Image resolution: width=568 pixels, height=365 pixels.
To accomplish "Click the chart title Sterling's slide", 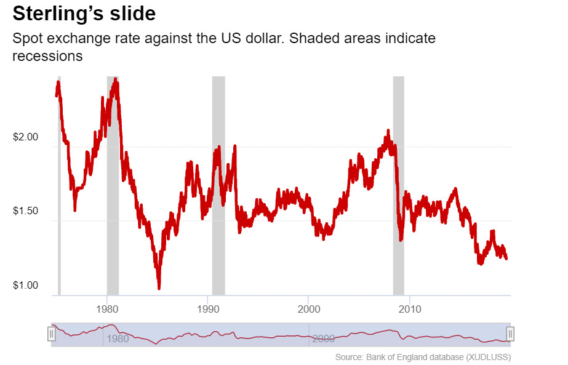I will (84, 14).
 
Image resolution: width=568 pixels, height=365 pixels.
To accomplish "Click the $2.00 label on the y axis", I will (25, 137).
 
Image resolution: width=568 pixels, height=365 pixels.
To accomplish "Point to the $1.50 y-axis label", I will (25, 211).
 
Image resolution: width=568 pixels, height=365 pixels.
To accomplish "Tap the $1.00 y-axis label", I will (25, 285).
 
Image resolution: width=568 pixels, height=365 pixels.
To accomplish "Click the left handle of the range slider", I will (52, 334).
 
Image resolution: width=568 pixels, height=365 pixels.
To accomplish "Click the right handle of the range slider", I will (510, 334).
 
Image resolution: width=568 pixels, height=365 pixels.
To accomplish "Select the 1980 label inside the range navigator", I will (118, 339).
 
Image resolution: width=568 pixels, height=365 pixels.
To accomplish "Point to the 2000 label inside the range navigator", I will (323, 339).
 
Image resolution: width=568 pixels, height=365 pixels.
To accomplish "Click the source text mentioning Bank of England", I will (423, 357).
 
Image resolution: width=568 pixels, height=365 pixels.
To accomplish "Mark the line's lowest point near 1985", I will (159, 288).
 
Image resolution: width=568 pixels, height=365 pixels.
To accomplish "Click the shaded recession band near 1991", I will (218, 185).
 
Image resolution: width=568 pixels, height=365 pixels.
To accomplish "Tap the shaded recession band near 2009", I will (398, 185).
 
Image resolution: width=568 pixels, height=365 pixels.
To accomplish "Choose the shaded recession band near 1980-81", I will (113, 185).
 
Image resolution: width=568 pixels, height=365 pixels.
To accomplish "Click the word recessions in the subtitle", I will (47, 56).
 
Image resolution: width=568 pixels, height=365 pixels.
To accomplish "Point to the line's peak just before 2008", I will (388, 130).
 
